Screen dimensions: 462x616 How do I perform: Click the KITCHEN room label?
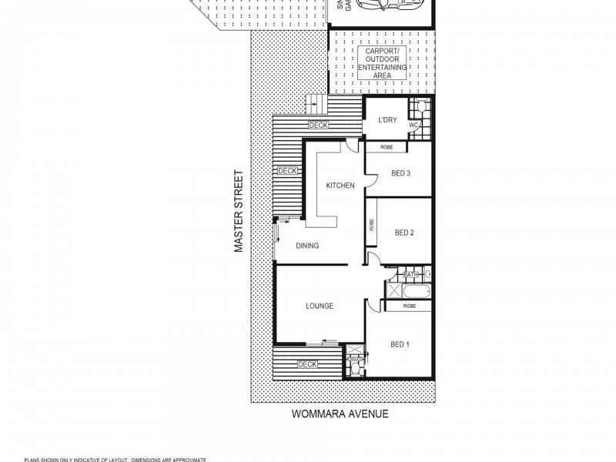(340, 186)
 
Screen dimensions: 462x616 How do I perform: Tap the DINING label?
(307, 246)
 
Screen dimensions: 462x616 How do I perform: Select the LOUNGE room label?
(320, 306)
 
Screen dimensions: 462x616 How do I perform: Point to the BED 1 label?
(400, 344)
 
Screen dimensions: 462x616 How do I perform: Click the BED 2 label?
(405, 233)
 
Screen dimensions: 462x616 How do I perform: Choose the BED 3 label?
(400, 173)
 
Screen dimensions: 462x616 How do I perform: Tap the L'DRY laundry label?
(387, 120)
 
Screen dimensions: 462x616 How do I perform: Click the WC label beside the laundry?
(413, 125)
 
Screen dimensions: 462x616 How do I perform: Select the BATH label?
(410, 274)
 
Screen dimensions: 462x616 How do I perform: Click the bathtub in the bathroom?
(416, 291)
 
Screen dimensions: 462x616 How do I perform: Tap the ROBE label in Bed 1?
(409, 306)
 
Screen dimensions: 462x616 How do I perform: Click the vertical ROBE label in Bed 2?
(372, 225)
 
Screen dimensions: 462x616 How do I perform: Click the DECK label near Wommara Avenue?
(307, 364)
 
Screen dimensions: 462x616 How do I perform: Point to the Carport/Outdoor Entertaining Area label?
(382, 62)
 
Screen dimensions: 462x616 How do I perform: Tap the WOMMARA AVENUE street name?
(340, 413)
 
